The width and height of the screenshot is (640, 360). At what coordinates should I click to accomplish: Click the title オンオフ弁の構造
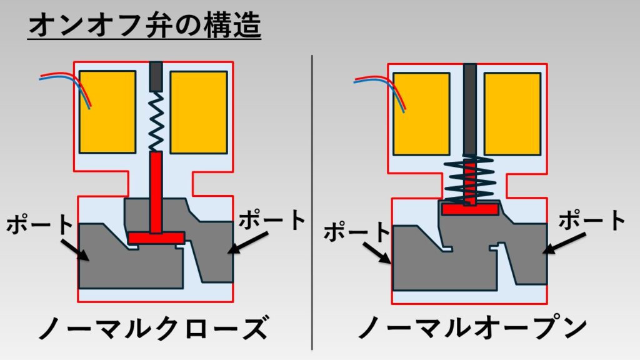[144, 26]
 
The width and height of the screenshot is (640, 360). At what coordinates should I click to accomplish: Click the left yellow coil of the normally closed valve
[107, 112]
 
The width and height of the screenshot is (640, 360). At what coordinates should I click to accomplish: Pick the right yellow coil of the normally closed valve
[199, 112]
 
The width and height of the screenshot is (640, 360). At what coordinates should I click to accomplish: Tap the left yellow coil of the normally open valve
[421, 114]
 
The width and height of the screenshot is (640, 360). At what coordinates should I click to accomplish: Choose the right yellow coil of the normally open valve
[512, 114]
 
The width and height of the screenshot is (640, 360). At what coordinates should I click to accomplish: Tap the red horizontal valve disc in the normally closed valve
[156, 237]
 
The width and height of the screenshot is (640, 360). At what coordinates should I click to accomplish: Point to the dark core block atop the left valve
[156, 75]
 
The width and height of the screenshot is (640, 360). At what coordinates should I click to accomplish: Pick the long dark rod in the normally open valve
[469, 106]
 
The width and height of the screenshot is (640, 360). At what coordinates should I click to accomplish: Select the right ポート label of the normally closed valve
[272, 220]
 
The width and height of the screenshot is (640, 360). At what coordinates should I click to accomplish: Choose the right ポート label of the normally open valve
[591, 221]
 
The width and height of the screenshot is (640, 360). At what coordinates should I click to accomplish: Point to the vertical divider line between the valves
[312, 200]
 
